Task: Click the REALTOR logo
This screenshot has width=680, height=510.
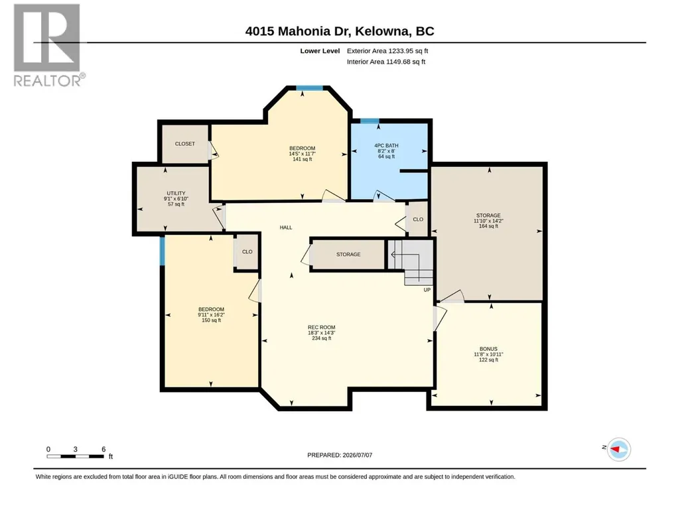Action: tap(48, 45)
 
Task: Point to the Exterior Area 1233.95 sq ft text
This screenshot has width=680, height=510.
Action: tap(387, 51)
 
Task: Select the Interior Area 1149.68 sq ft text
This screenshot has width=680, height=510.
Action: tap(386, 62)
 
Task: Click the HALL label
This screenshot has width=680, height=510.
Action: tap(286, 227)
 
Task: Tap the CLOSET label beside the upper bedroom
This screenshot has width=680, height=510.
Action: tap(184, 143)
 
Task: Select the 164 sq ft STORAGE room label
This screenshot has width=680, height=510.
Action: tap(488, 221)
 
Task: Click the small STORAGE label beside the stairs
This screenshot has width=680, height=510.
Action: tap(348, 255)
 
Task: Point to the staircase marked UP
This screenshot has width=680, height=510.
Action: tap(411, 262)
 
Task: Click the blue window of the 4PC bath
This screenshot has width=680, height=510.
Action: tap(370, 121)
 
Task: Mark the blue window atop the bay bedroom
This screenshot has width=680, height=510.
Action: tap(310, 88)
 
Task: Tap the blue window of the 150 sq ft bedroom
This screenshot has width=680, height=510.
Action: tap(162, 251)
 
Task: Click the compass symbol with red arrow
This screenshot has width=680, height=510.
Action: tap(618, 449)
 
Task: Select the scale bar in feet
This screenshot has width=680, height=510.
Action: tap(76, 456)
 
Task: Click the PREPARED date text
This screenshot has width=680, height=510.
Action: tap(340, 456)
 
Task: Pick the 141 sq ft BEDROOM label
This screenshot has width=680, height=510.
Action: tap(303, 153)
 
